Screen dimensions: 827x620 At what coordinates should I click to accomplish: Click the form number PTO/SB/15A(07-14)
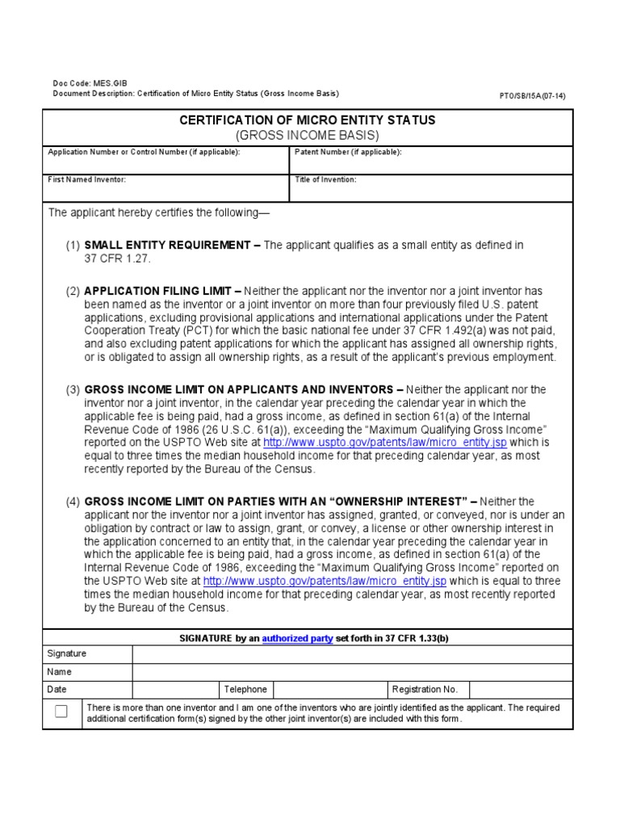(533, 95)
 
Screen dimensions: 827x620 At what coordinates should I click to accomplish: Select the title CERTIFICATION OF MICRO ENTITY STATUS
(307, 120)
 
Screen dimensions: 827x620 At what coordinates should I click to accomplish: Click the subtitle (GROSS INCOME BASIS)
(307, 135)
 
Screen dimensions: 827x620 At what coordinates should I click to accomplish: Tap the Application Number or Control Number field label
(144, 152)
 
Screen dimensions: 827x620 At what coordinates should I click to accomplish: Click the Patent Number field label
(348, 152)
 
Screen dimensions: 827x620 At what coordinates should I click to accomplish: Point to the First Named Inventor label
(87, 179)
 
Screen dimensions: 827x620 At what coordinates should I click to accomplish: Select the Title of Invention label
(325, 179)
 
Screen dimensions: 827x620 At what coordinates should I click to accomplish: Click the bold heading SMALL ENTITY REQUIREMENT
(168, 245)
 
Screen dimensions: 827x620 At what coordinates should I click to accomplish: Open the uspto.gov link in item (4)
(325, 581)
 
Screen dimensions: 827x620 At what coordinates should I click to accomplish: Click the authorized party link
(297, 638)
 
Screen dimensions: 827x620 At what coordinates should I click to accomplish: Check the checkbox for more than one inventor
(61, 712)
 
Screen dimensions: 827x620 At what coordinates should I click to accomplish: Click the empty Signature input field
(352, 653)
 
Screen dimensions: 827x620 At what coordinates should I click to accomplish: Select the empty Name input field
(352, 671)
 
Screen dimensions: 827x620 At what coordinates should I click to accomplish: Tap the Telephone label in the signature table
(245, 689)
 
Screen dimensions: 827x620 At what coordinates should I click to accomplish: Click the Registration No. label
(425, 689)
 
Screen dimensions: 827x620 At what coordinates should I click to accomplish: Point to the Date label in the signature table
(57, 689)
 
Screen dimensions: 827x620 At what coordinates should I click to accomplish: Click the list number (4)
(73, 502)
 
